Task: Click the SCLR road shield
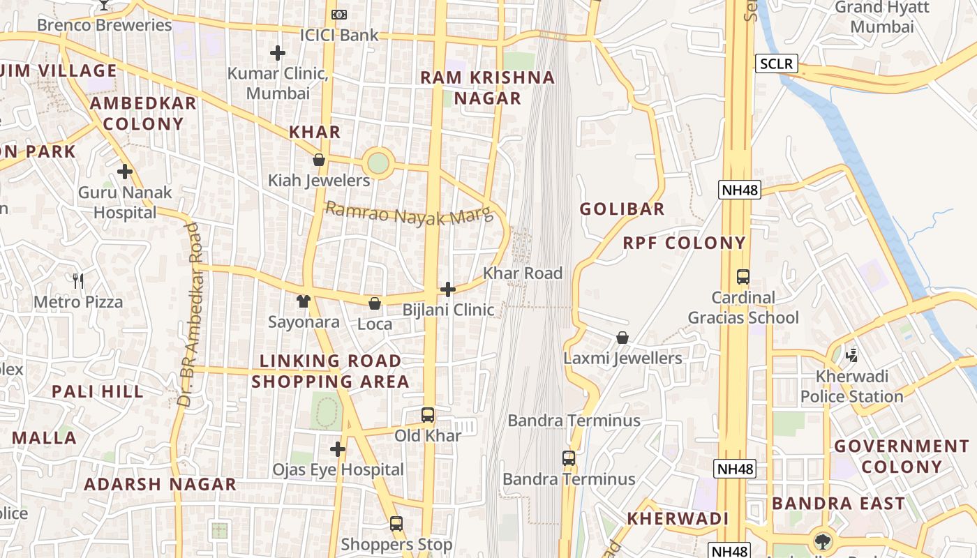coord(776,64)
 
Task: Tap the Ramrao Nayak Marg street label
coord(409,213)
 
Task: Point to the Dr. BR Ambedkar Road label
coord(192,314)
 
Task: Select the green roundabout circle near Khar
coord(378,164)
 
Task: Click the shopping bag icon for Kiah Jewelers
coord(319,160)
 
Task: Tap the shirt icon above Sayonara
coord(304,301)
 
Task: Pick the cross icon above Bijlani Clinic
coord(448,289)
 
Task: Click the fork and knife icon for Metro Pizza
coord(78,281)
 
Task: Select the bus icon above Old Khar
coord(428,415)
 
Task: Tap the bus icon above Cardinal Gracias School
coord(743,277)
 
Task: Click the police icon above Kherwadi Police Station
coord(851,356)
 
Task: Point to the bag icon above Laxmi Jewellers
coord(622,338)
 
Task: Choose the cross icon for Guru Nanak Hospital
coord(125,171)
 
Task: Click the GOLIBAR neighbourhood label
coord(622,209)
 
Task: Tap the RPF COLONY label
coord(684,243)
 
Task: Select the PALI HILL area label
coord(98,391)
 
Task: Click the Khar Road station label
coord(523,273)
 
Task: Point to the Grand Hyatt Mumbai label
coord(882,17)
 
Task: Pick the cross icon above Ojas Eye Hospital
coord(338,449)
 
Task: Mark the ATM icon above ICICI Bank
coord(339,14)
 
